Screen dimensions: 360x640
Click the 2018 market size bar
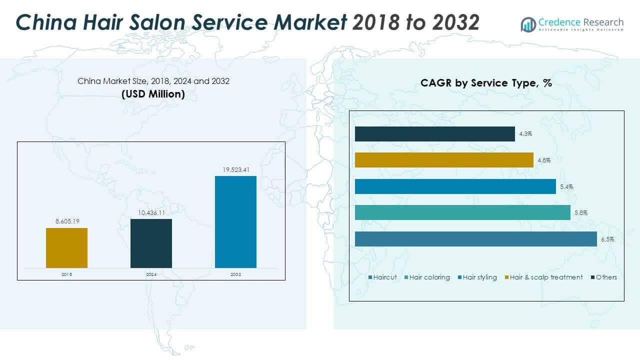[x=66, y=248]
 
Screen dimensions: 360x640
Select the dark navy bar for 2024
[x=151, y=243]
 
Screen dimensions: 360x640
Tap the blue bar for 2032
[x=235, y=222]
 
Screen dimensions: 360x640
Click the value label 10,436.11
[x=151, y=213]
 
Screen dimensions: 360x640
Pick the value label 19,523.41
[x=235, y=170]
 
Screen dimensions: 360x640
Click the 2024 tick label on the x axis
[x=151, y=274]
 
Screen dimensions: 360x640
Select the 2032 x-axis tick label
[x=235, y=274]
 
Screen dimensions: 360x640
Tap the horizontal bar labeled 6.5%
[x=475, y=239]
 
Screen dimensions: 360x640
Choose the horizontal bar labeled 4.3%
[x=434, y=134]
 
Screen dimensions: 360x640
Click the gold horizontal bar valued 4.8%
[x=444, y=160]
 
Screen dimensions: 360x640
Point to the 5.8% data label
[x=581, y=213]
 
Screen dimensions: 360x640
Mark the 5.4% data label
[x=566, y=187]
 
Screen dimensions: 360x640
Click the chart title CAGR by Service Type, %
[x=486, y=83]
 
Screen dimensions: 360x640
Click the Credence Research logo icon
[x=528, y=24]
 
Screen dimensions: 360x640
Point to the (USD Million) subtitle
[x=153, y=94]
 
